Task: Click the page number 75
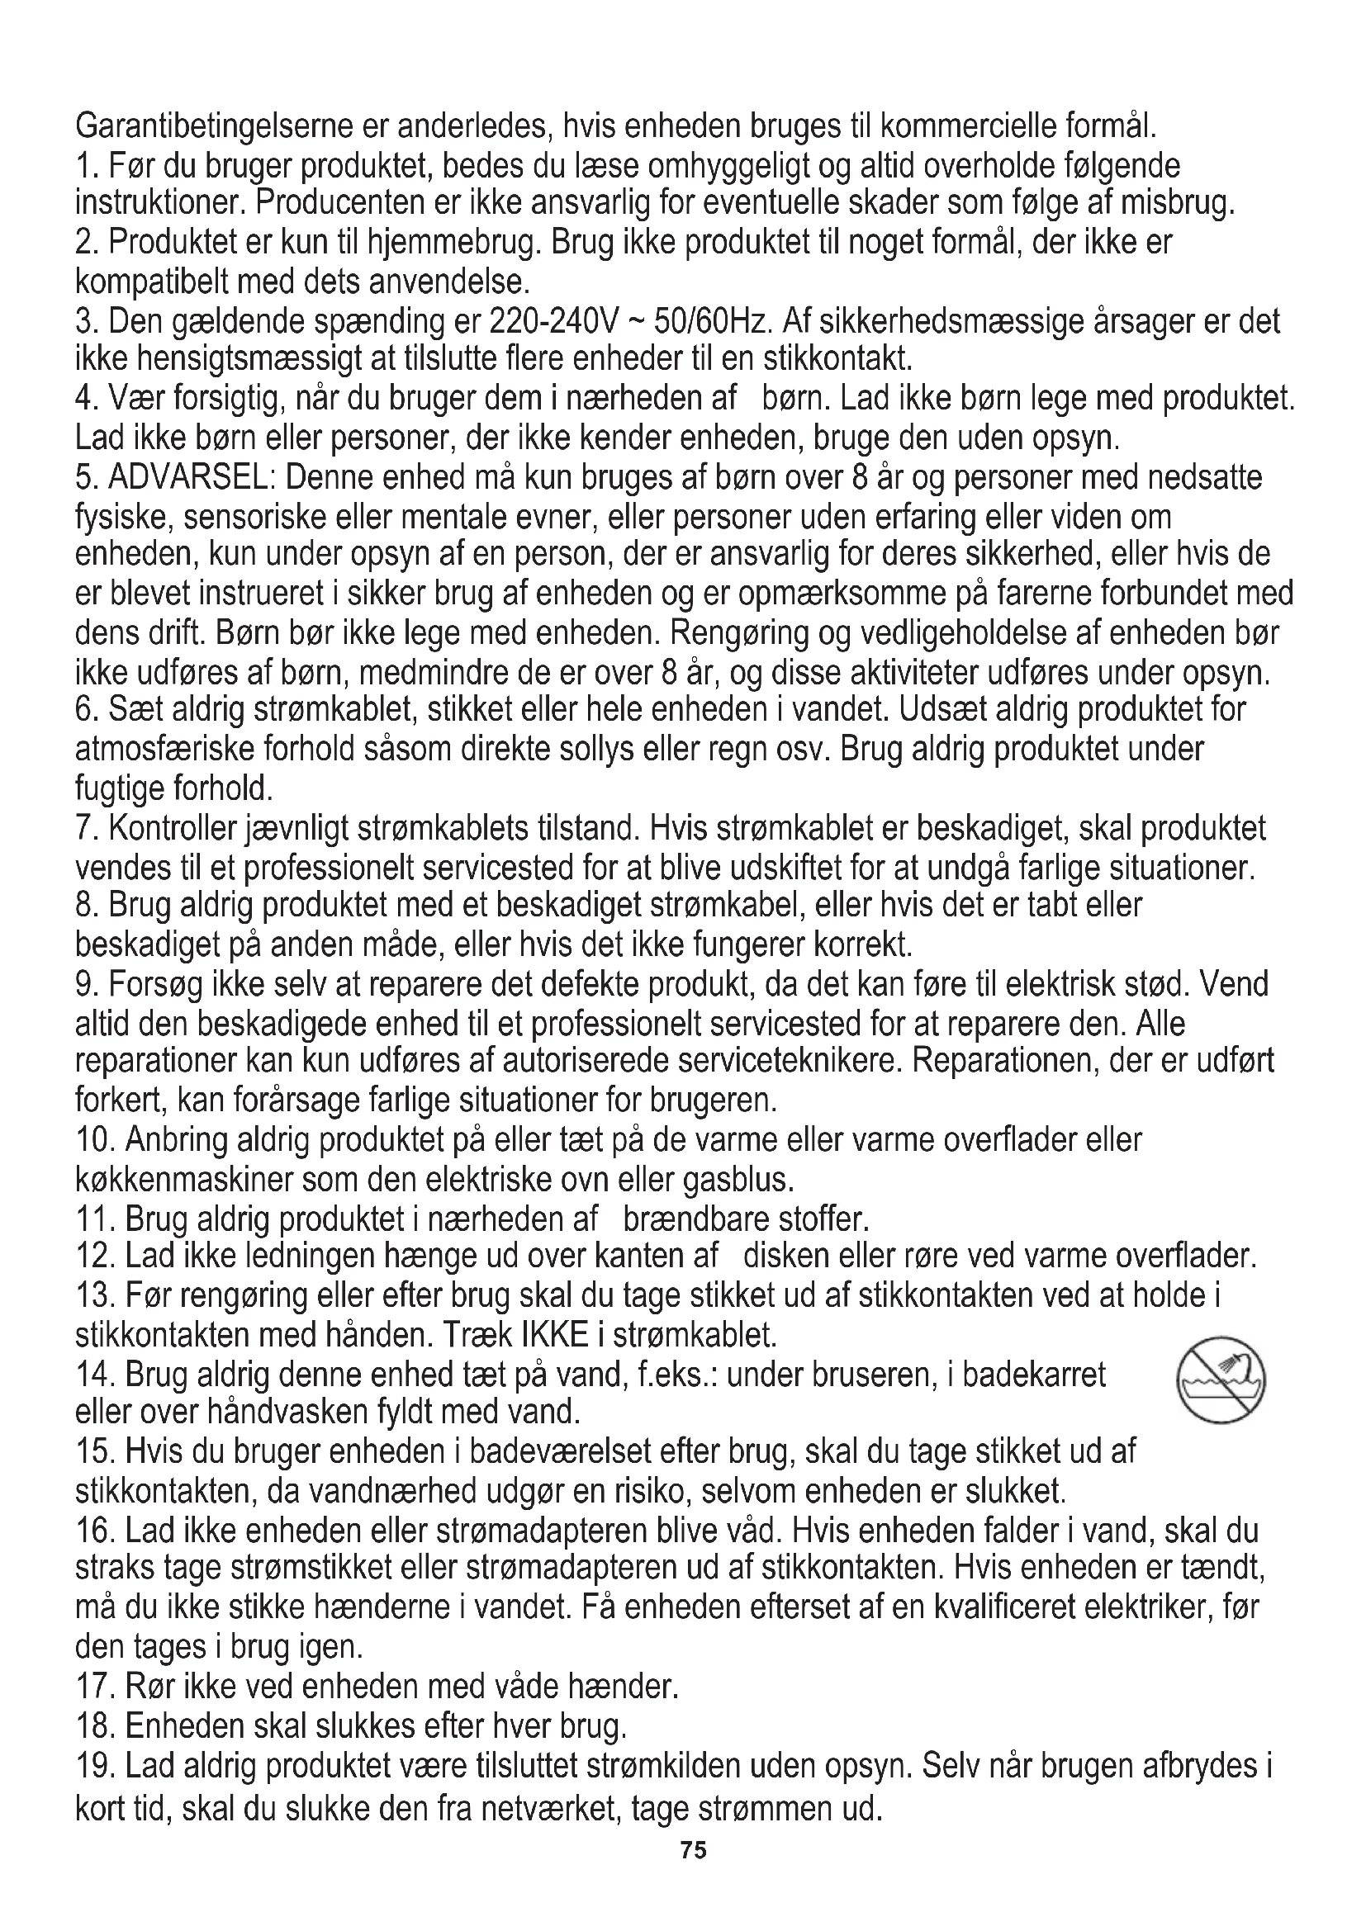click(694, 1851)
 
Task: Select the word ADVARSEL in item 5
click(187, 478)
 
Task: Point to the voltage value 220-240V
click(553, 321)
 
